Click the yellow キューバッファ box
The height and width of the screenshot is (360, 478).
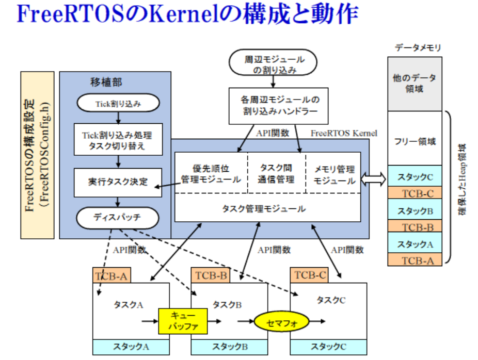(182, 321)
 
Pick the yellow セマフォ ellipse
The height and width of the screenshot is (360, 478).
(281, 322)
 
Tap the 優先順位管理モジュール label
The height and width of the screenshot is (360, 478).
(211, 174)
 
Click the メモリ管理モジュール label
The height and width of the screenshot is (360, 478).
(334, 175)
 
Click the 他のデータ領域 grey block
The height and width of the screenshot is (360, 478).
(415, 83)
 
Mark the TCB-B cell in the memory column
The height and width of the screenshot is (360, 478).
(415, 226)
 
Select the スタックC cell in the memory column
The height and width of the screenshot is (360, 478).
(415, 176)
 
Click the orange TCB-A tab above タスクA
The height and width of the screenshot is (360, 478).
(111, 275)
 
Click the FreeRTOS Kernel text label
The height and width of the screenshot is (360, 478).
(343, 133)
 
